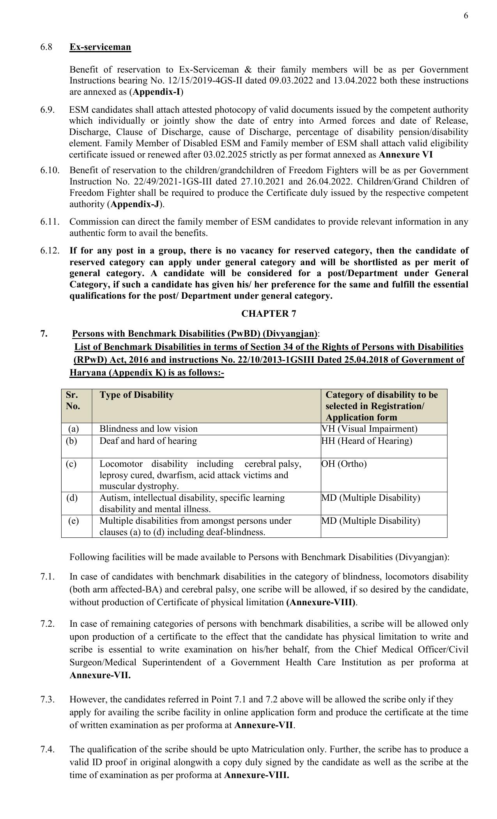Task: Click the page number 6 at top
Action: coord(466,16)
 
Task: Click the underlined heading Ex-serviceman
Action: coord(100,47)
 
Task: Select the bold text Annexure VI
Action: coord(405,154)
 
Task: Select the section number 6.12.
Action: coord(50,250)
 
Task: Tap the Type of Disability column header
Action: coord(136,395)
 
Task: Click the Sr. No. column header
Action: coord(73,400)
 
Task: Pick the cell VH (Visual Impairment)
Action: coord(369,429)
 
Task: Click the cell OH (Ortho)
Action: coord(344,464)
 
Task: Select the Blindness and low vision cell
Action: coord(149,429)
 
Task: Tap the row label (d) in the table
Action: coord(72,498)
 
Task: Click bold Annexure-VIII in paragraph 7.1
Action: coord(321,602)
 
